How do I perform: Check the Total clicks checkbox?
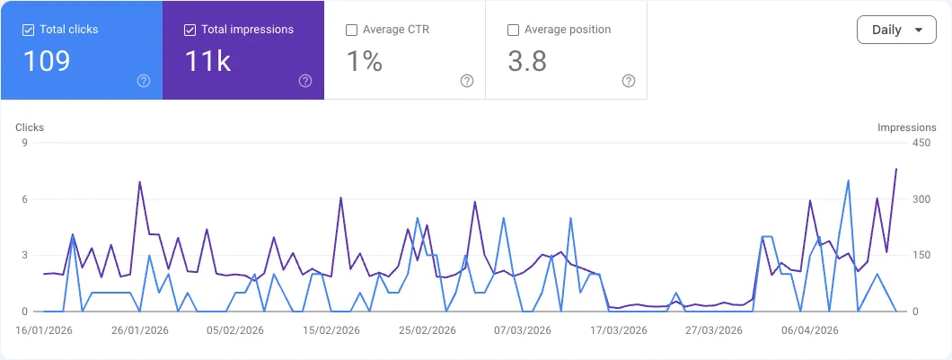click(x=29, y=30)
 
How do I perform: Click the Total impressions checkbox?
click(x=190, y=30)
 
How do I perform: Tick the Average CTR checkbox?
click(x=352, y=30)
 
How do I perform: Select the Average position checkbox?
click(x=514, y=30)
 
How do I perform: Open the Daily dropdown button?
click(x=897, y=30)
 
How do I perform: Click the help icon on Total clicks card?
click(x=144, y=81)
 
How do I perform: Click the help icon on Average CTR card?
click(x=467, y=81)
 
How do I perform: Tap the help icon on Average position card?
click(x=629, y=81)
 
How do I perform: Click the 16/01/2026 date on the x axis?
click(x=44, y=329)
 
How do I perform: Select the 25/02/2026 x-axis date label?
click(x=428, y=329)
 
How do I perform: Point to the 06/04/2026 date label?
click(x=810, y=329)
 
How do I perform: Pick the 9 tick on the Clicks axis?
click(x=25, y=143)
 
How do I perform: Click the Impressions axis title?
click(x=906, y=127)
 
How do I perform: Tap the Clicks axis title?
click(x=30, y=127)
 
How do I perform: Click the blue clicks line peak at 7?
click(x=848, y=180)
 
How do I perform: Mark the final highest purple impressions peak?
click(x=895, y=169)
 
